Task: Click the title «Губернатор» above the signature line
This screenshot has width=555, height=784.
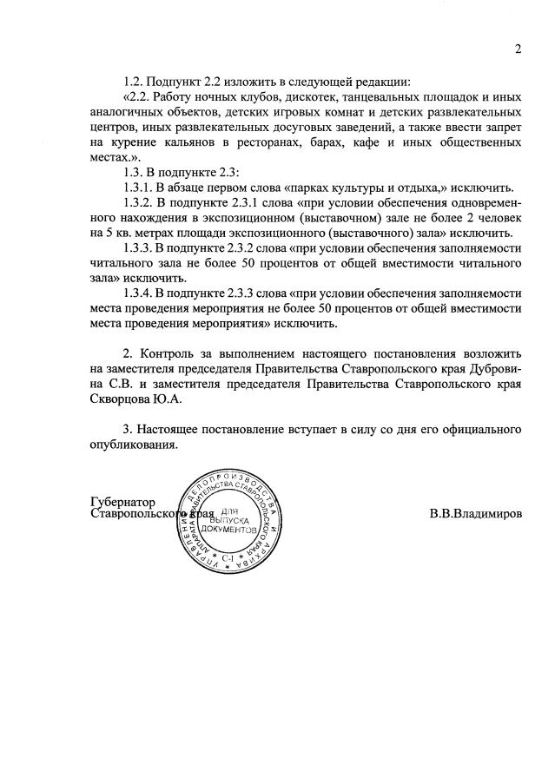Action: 122,502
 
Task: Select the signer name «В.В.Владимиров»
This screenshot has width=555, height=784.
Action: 475,514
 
